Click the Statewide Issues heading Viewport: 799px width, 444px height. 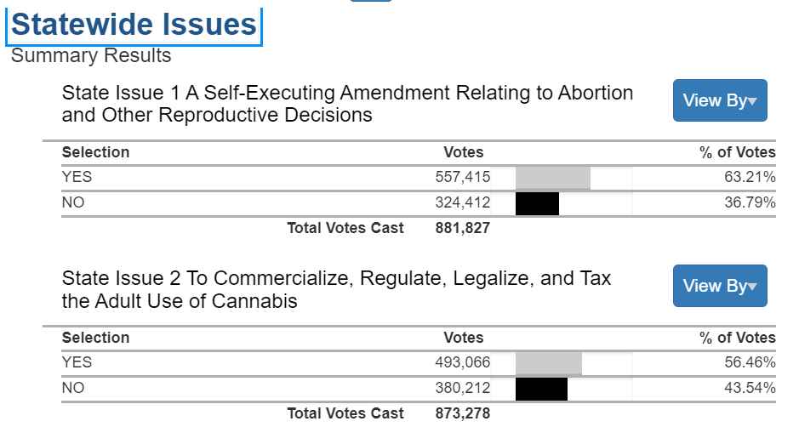click(134, 25)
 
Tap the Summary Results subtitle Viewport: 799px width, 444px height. click(91, 56)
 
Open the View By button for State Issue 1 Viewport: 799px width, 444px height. click(720, 100)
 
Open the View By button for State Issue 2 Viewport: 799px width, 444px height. click(720, 286)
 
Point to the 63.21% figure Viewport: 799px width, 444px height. click(750, 178)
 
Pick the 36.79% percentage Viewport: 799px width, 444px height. click(750, 203)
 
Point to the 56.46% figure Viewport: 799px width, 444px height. click(750, 363)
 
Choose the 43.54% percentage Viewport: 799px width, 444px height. click(750, 389)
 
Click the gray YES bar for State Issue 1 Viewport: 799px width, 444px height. click(553, 178)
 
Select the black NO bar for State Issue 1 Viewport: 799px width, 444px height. click(537, 203)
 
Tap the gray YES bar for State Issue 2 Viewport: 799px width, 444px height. click(549, 363)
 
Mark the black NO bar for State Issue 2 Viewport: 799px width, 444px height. click(541, 389)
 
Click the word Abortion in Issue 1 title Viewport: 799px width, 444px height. click(595, 93)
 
